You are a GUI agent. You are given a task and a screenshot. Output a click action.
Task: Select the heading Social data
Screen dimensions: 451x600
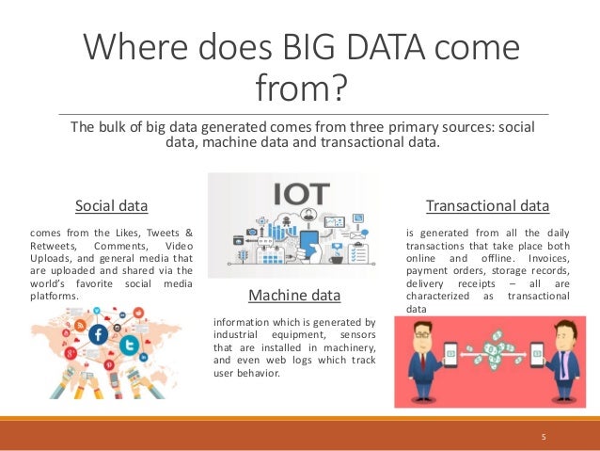pos(112,204)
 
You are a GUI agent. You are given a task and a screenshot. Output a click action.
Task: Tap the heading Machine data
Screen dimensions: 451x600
pos(293,297)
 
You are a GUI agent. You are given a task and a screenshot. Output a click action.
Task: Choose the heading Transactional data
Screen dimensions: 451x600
pos(487,204)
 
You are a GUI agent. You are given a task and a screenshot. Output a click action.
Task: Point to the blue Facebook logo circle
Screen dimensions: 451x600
pos(97,333)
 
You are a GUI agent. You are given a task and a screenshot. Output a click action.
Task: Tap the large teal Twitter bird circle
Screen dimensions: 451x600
pos(130,346)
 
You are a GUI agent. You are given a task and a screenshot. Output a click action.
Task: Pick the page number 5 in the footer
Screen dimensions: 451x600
pos(543,437)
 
